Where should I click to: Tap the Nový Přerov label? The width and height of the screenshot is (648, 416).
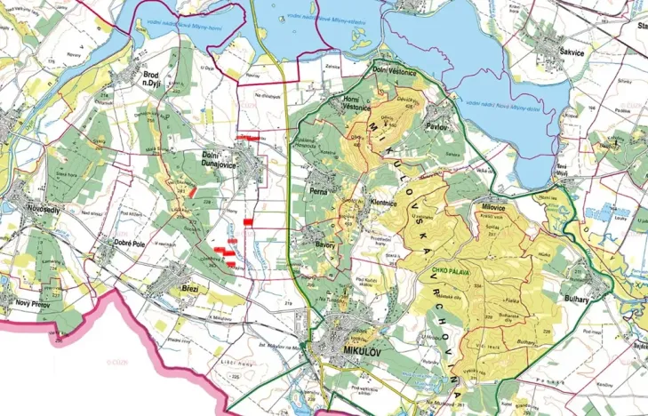click(x=33, y=303)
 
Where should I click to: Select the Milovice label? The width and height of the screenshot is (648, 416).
click(x=492, y=206)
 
